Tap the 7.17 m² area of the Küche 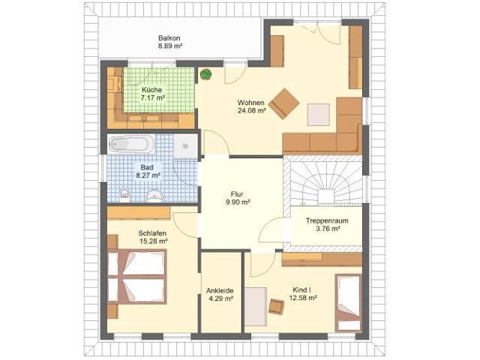tap(153, 97)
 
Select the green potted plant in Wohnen tap(205, 74)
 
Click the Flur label tap(238, 193)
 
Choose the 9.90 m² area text tap(238, 202)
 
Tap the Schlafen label tap(153, 232)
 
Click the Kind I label tap(304, 289)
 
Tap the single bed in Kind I tap(347, 300)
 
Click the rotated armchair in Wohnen tap(284, 103)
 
